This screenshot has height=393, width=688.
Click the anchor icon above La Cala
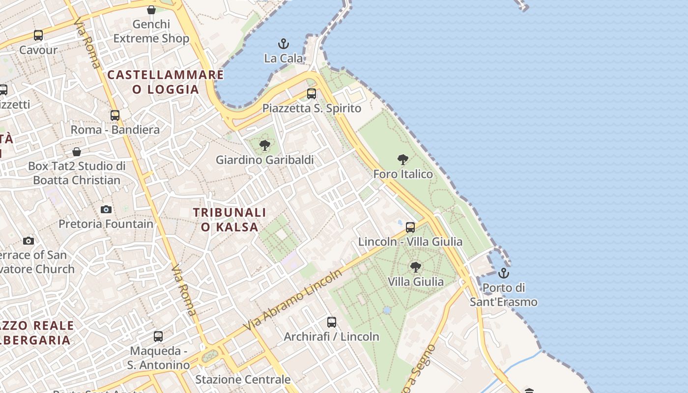[x=284, y=44]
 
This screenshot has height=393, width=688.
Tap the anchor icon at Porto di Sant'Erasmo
[x=503, y=273]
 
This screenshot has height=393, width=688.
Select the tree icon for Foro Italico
[x=403, y=160]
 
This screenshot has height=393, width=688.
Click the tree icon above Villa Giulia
[x=415, y=267]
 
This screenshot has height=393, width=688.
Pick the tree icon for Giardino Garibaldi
[x=265, y=145]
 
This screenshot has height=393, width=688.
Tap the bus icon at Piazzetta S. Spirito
[x=312, y=94]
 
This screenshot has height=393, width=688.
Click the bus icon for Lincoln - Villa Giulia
[x=410, y=227]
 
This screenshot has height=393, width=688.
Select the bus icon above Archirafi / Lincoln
[x=332, y=322]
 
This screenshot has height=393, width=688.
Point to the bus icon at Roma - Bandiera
[x=115, y=115]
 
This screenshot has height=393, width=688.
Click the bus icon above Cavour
[x=38, y=35]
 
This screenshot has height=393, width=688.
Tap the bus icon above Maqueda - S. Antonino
[x=158, y=337]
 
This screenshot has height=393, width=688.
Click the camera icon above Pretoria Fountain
[x=106, y=210]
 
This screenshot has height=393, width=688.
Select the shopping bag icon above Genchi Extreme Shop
[x=151, y=10]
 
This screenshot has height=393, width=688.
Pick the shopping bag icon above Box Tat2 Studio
[x=77, y=152]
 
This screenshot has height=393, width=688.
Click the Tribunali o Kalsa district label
[x=229, y=220]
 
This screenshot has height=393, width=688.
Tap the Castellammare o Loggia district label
[x=166, y=82]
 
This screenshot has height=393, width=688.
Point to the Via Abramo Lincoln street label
[x=293, y=300]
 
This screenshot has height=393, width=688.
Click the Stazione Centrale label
[x=243, y=379]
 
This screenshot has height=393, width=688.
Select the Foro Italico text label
[x=403, y=174]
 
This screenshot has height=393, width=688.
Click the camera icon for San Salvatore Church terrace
[x=29, y=241]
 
